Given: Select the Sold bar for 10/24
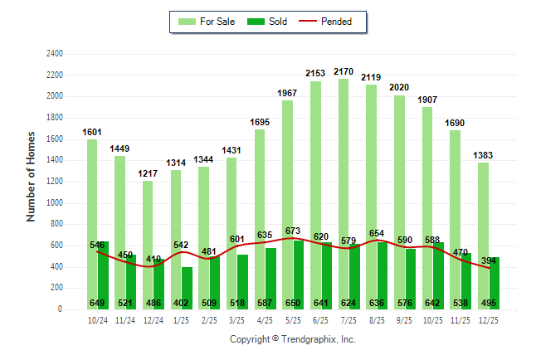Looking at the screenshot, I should pos(103,274).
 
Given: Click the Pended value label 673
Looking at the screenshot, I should pos(294,230).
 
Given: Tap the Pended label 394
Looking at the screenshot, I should pos(489,262).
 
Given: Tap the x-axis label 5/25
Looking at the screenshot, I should pos(293,319).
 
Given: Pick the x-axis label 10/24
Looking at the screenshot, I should pos(97,319).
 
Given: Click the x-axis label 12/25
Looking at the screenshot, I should pos(489,319).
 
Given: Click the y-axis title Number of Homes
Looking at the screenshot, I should pos(31,176).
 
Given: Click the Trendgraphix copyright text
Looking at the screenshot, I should pos(292,339).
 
